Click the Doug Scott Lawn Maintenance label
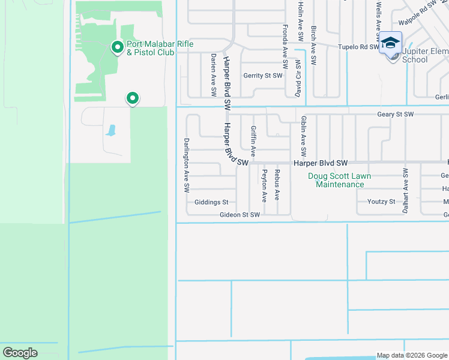tap(340, 180)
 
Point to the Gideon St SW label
tap(240, 214)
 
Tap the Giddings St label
tap(211, 202)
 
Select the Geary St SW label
tap(396, 114)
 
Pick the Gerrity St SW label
tap(262, 76)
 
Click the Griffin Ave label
tap(253, 142)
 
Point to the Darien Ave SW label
tap(213, 74)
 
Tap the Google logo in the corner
tap(20, 353)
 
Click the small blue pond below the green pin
tap(110, 130)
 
